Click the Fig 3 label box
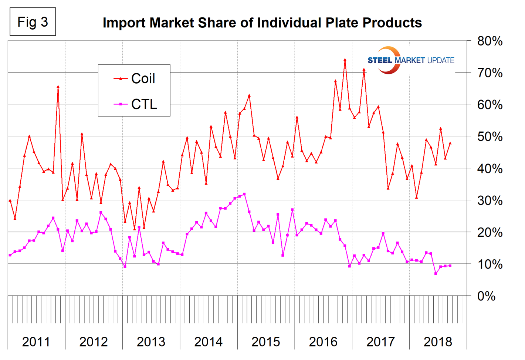[x=33, y=22]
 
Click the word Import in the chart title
[x=123, y=23]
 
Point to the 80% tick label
[x=490, y=41]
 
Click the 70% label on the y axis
[x=490, y=73]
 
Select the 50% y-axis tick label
[x=490, y=137]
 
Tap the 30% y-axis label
[x=490, y=201]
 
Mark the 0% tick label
[x=487, y=296]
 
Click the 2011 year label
[x=36, y=342]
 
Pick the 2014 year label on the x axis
[x=208, y=342]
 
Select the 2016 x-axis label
[x=323, y=342]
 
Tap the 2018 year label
[x=438, y=342]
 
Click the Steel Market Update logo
[x=410, y=60]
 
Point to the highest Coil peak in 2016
[x=345, y=59]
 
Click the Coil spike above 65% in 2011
[x=58, y=87]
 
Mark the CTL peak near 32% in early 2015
[x=244, y=194]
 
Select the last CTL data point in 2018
[x=450, y=266]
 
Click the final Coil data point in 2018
[x=450, y=143]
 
